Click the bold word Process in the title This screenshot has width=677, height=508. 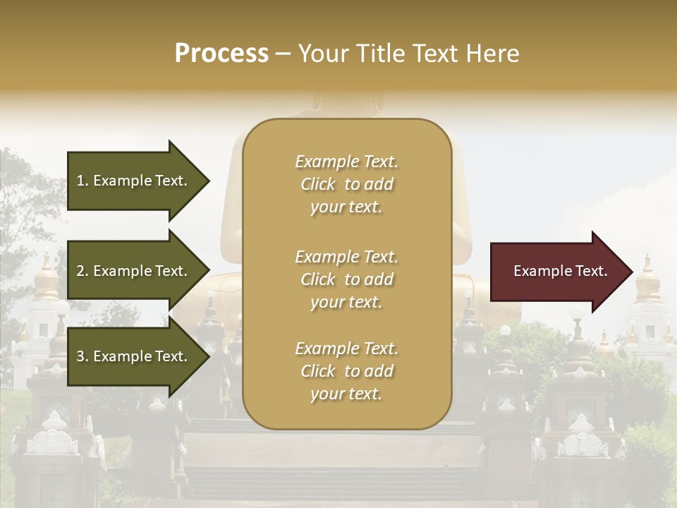pyautogui.click(x=221, y=54)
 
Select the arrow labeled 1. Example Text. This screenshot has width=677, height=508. pyautogui.click(x=134, y=181)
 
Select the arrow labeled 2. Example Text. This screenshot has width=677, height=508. pyautogui.click(x=134, y=271)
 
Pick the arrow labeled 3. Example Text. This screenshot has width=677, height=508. pyautogui.click(x=134, y=356)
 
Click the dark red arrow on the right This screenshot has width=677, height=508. pyautogui.click(x=557, y=272)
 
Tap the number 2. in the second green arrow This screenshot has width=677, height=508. pyautogui.click(x=83, y=271)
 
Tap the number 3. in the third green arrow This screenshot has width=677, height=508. pyautogui.click(x=83, y=356)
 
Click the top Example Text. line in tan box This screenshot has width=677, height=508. pyautogui.click(x=346, y=162)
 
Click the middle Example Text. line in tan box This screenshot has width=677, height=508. pyautogui.click(x=346, y=256)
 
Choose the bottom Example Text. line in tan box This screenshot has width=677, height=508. pyautogui.click(x=346, y=349)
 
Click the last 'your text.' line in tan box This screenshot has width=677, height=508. pyautogui.click(x=346, y=394)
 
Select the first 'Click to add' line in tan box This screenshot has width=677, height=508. pyautogui.click(x=346, y=184)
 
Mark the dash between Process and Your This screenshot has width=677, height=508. pyautogui.click(x=283, y=54)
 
